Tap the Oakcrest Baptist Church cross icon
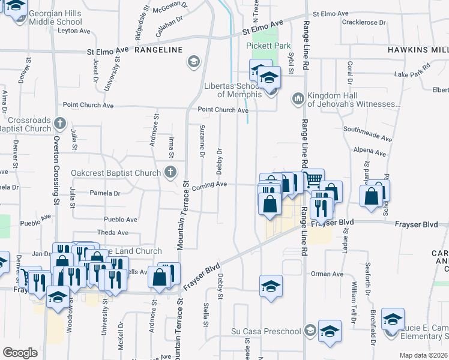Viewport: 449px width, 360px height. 170,173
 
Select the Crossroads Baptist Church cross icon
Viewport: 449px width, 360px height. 59,124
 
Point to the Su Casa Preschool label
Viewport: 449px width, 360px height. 266,331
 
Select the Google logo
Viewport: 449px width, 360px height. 20,353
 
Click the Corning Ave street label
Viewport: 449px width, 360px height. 209,185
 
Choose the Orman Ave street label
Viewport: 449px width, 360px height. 327,274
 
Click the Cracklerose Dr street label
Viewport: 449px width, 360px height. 363,22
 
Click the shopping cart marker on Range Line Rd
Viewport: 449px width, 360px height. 313,179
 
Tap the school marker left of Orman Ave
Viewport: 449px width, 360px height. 271,286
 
